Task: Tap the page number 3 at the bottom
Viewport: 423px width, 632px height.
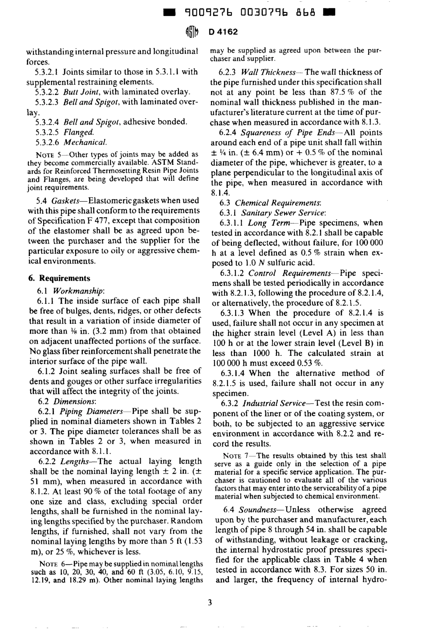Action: (210, 603)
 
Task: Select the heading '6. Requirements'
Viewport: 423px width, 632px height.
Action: (59, 278)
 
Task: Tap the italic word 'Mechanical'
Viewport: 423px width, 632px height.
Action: (85, 143)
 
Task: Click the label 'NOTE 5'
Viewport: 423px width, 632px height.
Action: (45, 154)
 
